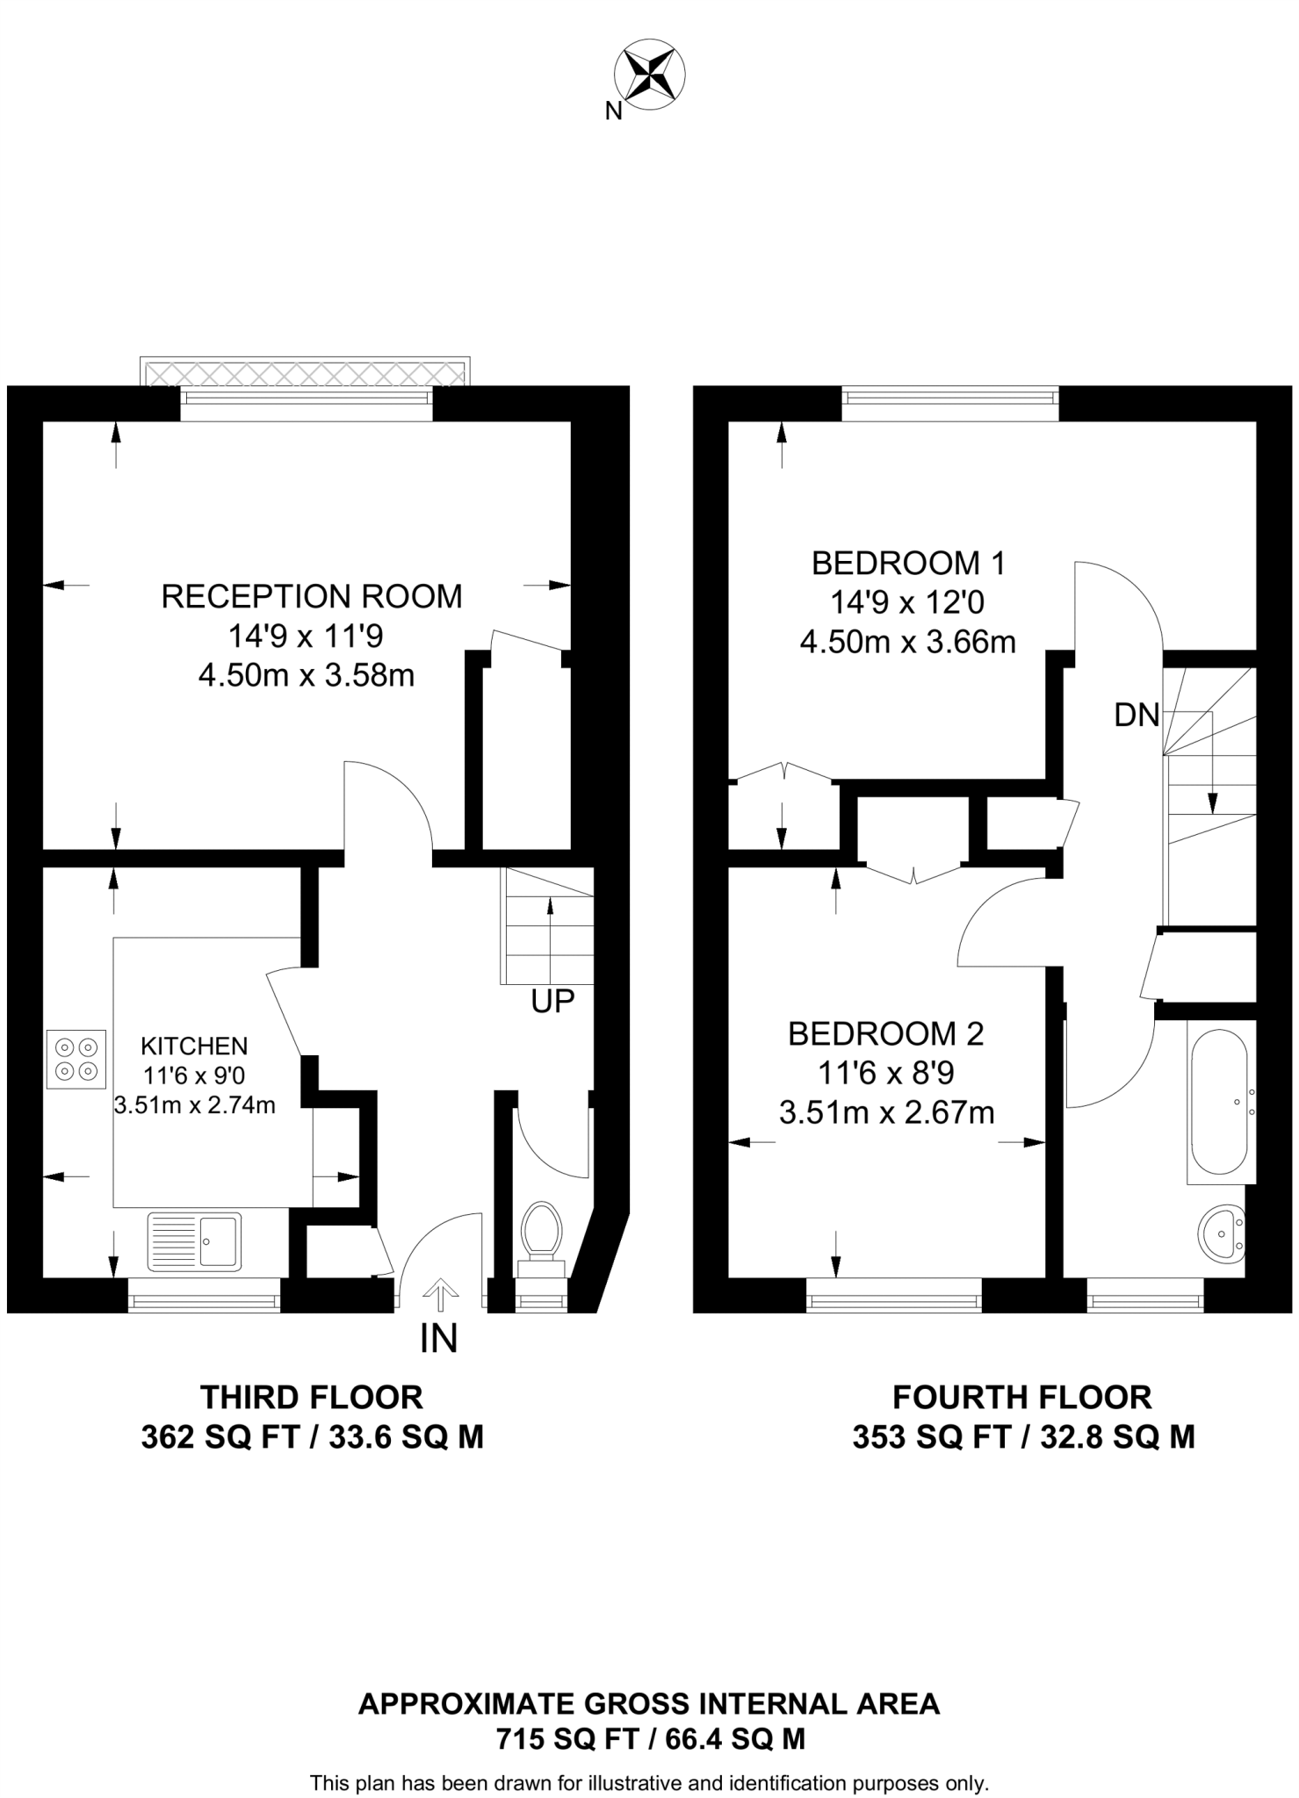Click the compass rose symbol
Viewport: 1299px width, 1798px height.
click(x=651, y=76)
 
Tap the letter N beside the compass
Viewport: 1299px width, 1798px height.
click(x=614, y=111)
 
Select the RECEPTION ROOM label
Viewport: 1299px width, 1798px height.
click(x=312, y=596)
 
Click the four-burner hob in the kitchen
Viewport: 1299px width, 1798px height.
click(x=76, y=1059)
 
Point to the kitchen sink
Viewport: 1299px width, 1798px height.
click(x=194, y=1241)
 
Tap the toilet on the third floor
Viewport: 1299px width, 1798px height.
click(x=542, y=1239)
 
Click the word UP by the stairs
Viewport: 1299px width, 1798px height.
click(x=552, y=1001)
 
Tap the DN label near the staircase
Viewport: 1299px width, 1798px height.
click(x=1137, y=716)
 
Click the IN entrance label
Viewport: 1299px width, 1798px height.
click(x=439, y=1338)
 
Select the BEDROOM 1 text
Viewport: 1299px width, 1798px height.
click(x=908, y=563)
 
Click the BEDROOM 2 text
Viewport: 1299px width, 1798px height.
click(x=885, y=1033)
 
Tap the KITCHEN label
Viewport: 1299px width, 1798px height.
click(x=195, y=1046)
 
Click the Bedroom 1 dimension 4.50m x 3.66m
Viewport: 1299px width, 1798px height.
click(x=908, y=642)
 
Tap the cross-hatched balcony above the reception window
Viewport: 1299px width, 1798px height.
click(x=305, y=372)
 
